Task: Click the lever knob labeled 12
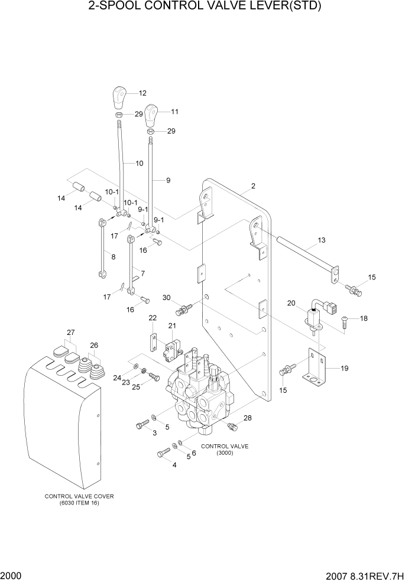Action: [x=120, y=96]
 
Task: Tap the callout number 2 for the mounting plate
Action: [x=252, y=186]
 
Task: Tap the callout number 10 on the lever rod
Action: [x=140, y=163]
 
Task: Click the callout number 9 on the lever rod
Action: [x=168, y=180]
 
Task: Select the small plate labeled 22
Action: [x=152, y=342]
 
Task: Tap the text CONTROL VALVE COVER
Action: [x=79, y=496]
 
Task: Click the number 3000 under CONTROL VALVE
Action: [x=225, y=453]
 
